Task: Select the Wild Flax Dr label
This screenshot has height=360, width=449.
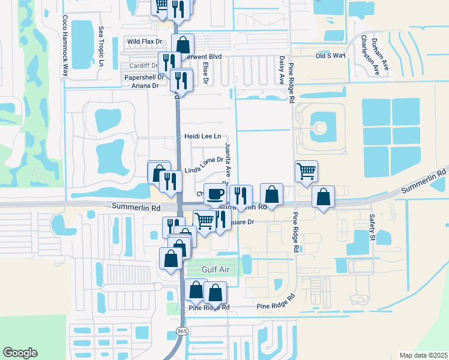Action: click(x=145, y=41)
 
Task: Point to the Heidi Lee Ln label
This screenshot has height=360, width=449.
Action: click(x=202, y=137)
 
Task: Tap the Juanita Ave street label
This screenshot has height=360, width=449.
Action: click(x=228, y=159)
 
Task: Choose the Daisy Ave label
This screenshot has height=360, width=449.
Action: click(x=282, y=71)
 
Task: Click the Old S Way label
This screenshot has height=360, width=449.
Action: click(x=331, y=55)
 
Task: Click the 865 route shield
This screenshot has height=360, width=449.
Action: click(x=181, y=331)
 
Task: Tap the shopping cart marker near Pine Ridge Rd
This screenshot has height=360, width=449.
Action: click(x=306, y=171)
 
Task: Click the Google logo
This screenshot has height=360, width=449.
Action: click(x=20, y=352)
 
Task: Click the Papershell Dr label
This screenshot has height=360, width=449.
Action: click(x=144, y=77)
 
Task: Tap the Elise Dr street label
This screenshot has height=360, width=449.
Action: click(x=206, y=73)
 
